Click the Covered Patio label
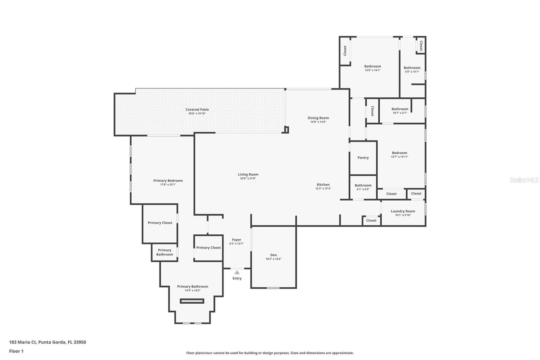point(197,109)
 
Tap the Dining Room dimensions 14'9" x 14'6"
point(318,122)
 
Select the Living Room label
point(248,175)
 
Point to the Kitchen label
point(323,185)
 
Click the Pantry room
point(363,158)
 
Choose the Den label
point(273,255)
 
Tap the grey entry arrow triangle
point(237,273)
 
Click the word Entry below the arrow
point(237,278)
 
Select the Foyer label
point(237,239)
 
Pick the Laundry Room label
point(403,211)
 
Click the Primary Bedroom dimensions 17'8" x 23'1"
point(168,185)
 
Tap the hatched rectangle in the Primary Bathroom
point(192,301)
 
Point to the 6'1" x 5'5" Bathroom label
point(363,187)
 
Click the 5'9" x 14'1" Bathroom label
point(412,70)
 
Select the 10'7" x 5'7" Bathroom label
point(400,111)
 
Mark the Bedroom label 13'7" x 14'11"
point(400,155)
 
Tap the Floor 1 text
point(16,351)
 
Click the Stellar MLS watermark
point(524,180)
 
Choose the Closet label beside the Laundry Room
point(371,220)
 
